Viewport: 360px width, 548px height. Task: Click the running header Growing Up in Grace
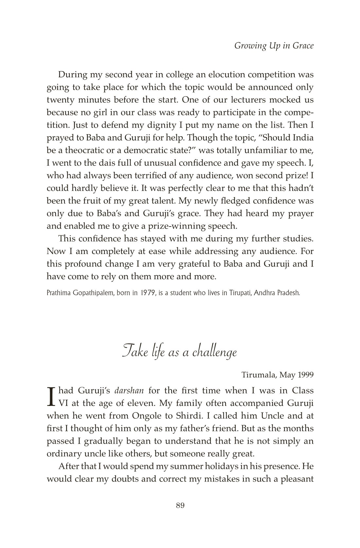tap(274, 46)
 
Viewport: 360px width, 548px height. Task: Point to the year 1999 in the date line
tap(306, 375)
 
